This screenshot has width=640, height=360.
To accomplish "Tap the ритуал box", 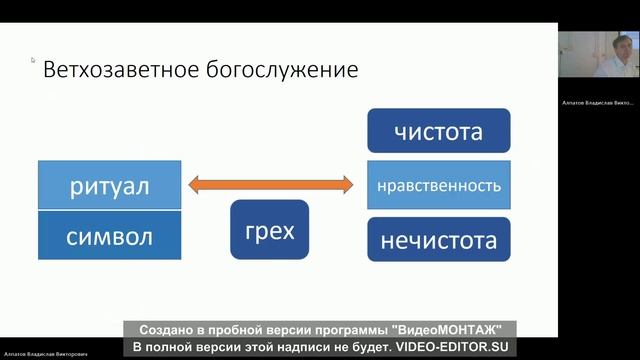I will (109, 185).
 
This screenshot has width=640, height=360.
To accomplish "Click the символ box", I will (109, 236).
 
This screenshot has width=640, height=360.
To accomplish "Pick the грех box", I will (270, 232).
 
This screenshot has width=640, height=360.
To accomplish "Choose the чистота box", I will (438, 131).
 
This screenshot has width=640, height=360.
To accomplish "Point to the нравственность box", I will (438, 186).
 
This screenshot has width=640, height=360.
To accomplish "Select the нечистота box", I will (438, 241).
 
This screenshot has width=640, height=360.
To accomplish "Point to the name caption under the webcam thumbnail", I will (598, 102).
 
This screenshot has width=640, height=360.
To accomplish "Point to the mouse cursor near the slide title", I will (33, 60).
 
